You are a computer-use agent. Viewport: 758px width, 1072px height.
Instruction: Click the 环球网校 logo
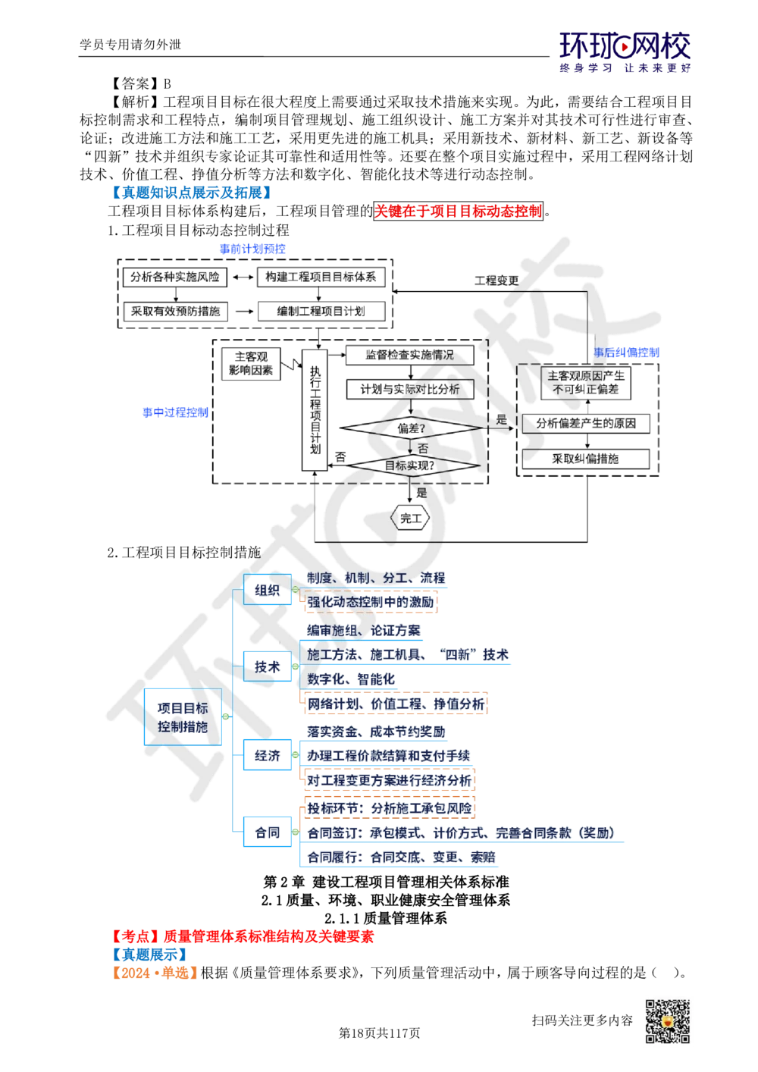click(625, 52)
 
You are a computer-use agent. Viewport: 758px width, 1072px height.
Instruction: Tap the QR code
click(666, 1021)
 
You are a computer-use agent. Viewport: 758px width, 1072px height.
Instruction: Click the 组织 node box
click(268, 590)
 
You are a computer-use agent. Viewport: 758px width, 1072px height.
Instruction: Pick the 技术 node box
click(267, 667)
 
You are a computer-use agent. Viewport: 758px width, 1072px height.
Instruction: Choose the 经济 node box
click(268, 755)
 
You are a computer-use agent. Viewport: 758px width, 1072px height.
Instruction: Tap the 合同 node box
click(267, 832)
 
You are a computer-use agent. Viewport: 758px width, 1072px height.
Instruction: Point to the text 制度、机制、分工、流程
click(376, 578)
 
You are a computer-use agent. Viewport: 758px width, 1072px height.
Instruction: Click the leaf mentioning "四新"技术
click(407, 655)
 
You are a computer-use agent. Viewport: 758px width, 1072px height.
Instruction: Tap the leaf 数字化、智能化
click(352, 679)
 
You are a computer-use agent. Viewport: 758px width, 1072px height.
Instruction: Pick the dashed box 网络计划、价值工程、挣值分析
click(395, 704)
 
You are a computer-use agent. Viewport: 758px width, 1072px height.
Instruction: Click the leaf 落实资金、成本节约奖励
click(376, 732)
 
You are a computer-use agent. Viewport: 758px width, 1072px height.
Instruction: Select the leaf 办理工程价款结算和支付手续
click(388, 756)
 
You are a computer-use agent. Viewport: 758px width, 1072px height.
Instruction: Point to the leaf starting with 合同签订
click(462, 832)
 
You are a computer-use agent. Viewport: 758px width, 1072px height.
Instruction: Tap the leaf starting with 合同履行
click(401, 857)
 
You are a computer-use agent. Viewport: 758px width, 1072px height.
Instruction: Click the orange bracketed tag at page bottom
click(155, 973)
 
